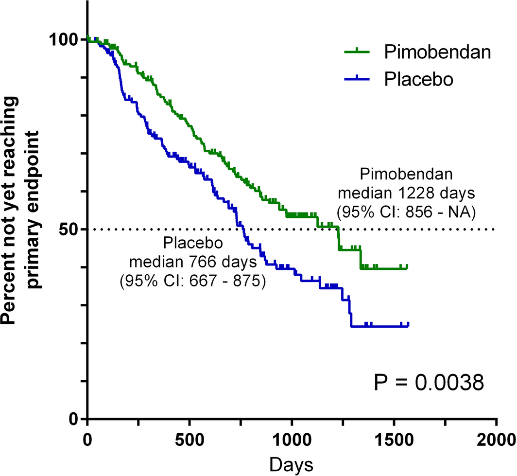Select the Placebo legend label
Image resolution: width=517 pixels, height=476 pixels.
pyautogui.click(x=418, y=79)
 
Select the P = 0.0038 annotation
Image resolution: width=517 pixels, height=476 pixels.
pyautogui.click(x=429, y=383)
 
